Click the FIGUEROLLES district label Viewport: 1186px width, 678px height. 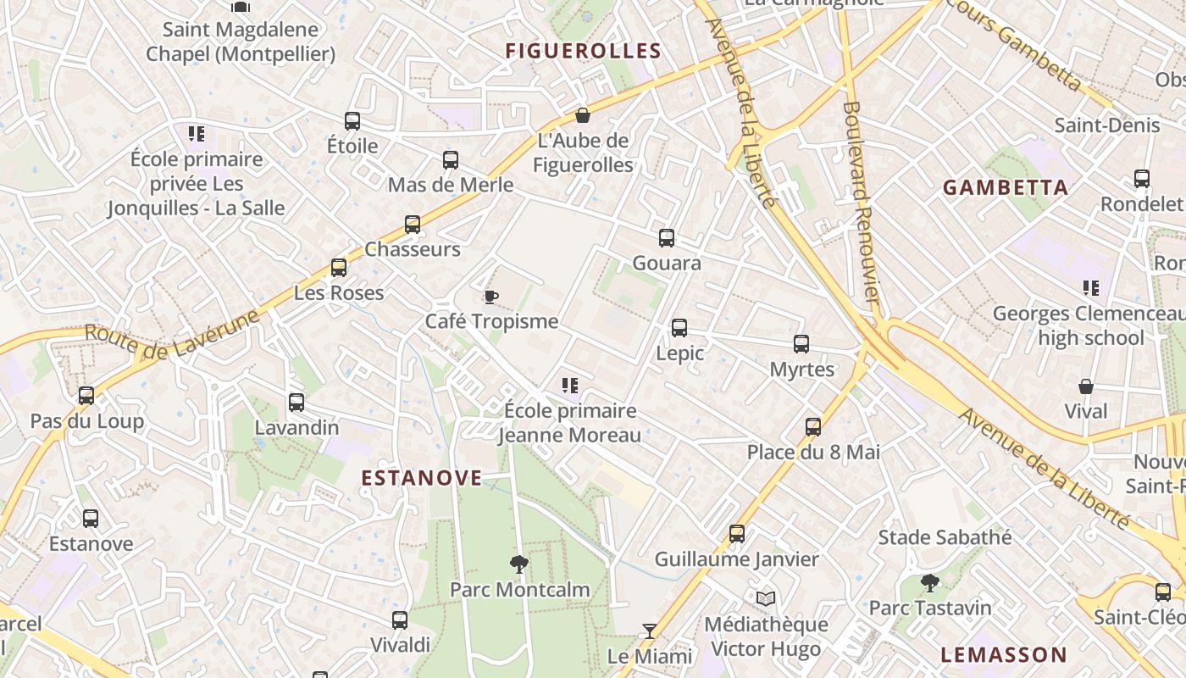point(583,50)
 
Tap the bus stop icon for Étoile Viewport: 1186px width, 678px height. point(352,121)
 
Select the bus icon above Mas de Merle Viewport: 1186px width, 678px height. point(451,160)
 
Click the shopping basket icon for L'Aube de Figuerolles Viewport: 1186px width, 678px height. point(583,115)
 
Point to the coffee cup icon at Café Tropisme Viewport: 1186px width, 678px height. point(490,297)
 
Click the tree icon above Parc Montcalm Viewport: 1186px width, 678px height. point(518,564)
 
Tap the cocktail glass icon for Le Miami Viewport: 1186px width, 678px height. point(650,631)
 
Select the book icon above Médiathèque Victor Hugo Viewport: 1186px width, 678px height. point(766,599)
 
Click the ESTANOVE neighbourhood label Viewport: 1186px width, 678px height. point(422,478)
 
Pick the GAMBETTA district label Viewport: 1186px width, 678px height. point(1006,187)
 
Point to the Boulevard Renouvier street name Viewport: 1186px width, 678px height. point(862,203)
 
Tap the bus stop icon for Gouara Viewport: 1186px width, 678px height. point(667,238)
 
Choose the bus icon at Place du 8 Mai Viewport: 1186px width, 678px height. point(813,427)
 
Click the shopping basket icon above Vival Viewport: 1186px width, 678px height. point(1086,386)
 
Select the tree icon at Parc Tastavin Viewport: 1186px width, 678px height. point(930,583)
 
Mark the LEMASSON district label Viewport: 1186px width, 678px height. point(1004,654)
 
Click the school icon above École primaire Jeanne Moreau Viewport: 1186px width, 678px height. point(570,386)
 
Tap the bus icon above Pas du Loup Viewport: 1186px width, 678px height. point(86,396)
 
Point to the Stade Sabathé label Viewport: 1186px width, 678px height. point(945,536)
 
